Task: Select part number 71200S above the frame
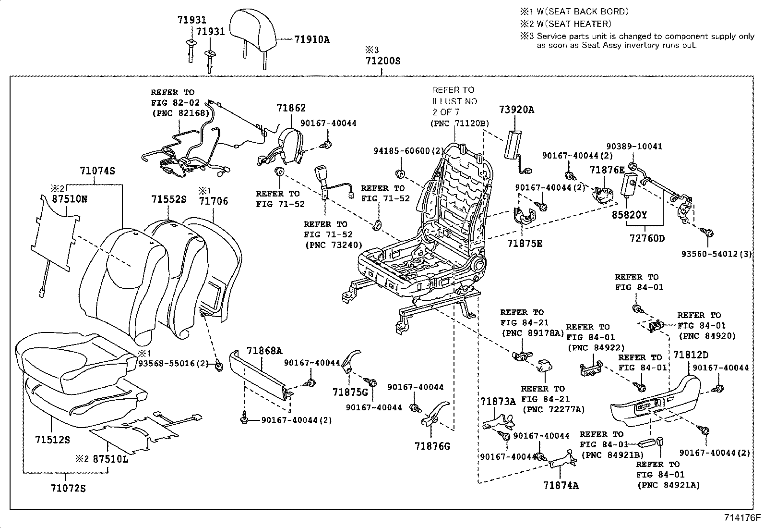[x=382, y=61]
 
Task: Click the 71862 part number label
[x=291, y=109]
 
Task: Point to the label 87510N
[x=70, y=198]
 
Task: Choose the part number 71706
[x=214, y=201]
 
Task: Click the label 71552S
[x=169, y=199]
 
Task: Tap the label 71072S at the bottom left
[x=68, y=489]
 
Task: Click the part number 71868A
[x=264, y=351]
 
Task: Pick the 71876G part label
[x=432, y=446]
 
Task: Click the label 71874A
[x=561, y=485]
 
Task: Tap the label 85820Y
[x=629, y=215]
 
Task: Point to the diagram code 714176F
[x=742, y=518]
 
